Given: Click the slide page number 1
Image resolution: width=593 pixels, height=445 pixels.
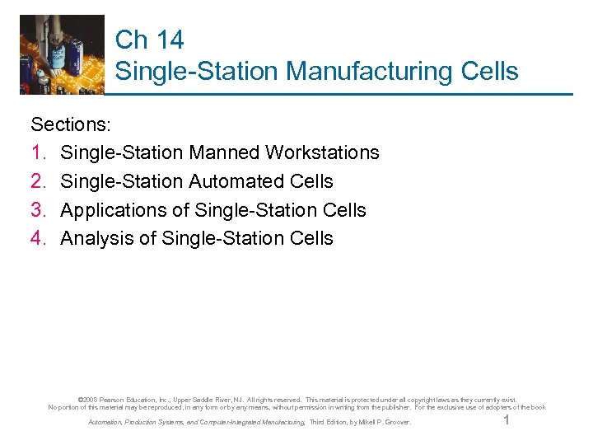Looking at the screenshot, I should [507, 421].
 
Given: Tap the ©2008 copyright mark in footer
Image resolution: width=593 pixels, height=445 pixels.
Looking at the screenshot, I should [86, 400].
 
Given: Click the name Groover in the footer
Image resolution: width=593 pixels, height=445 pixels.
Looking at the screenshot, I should [395, 423].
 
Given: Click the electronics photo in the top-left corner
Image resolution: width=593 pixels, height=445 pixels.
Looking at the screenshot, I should [63, 54].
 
